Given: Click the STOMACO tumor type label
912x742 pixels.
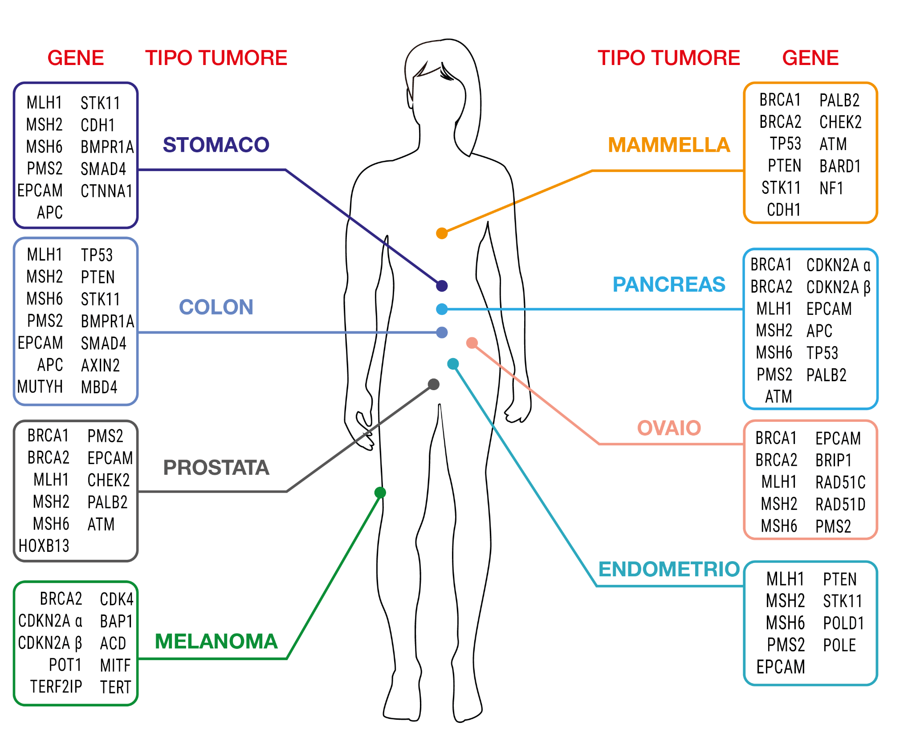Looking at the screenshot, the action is [x=216, y=145].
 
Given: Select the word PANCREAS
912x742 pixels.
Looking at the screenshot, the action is [x=669, y=284].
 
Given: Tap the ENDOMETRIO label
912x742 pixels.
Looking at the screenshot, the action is [x=669, y=569].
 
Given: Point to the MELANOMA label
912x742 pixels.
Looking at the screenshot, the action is [x=216, y=641].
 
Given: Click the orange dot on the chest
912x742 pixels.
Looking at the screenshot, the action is [x=442, y=233].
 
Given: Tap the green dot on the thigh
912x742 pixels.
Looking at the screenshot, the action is [x=380, y=493].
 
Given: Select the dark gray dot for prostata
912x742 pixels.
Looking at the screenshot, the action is [x=434, y=384].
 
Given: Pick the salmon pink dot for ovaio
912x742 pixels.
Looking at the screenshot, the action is [x=472, y=343].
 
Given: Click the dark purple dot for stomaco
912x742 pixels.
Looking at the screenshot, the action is [x=442, y=286].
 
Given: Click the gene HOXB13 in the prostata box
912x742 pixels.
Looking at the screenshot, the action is [x=44, y=546].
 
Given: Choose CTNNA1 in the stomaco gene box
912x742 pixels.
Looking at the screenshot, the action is [x=106, y=191].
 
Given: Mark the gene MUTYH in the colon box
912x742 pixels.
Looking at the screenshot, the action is [x=40, y=387].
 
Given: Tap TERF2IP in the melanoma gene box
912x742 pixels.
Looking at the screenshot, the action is [x=56, y=687].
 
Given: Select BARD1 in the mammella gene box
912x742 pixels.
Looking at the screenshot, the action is [x=840, y=166].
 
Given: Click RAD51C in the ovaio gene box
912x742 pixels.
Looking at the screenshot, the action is [x=840, y=482].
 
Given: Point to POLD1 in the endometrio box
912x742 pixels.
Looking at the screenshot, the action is [x=843, y=623].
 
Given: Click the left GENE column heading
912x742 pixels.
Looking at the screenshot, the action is [x=76, y=58].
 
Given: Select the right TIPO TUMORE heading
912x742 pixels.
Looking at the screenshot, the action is [x=669, y=58].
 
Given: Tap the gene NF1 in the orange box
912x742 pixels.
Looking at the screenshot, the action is [x=831, y=188].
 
